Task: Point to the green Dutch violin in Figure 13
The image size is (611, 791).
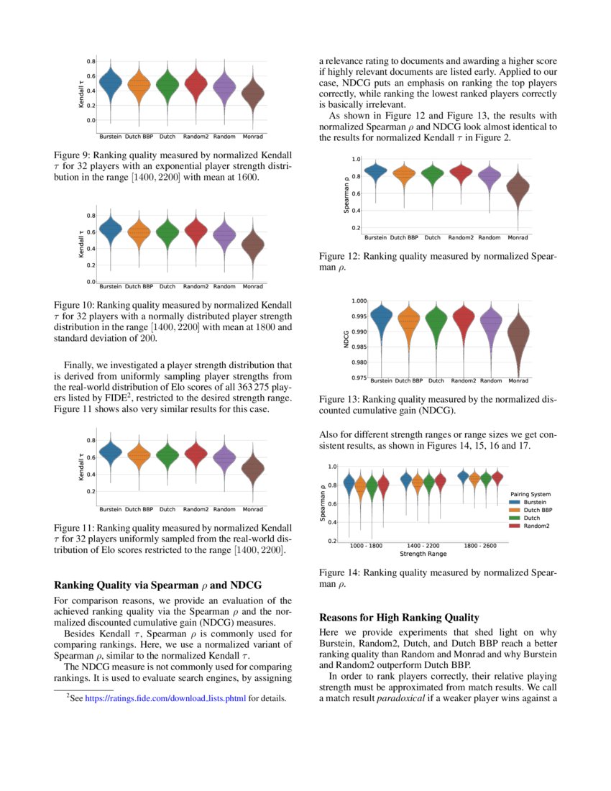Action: [436, 321]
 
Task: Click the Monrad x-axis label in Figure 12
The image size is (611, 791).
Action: [518, 238]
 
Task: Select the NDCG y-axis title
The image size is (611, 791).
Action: [346, 338]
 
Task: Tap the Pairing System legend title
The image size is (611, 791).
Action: [530, 494]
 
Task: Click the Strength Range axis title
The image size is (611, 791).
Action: [423, 554]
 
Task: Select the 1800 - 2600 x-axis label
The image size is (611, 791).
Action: [479, 546]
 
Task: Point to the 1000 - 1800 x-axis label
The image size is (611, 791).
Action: [366, 546]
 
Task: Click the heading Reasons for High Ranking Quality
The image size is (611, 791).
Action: [399, 617]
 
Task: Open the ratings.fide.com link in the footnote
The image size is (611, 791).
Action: [165, 698]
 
